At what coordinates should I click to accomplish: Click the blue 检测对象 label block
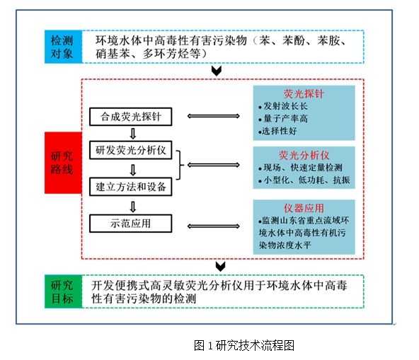pos(63,47)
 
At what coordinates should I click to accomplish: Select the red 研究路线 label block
pos(63,163)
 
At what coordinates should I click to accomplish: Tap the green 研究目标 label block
pos(63,291)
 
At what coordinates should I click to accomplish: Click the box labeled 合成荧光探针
pos(131,117)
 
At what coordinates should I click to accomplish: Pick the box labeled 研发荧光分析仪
pos(131,150)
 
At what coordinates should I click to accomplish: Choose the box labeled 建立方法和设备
pos(131,187)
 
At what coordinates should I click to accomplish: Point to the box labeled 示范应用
pos(131,223)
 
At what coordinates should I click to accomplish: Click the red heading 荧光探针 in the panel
pos(304,94)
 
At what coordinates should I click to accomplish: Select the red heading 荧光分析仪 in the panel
pos(304,155)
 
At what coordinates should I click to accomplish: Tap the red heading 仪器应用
pos(304,208)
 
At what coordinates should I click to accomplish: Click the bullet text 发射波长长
pos(283,106)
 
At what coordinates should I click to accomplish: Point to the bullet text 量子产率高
pos(283,118)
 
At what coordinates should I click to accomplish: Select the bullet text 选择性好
pos(277,131)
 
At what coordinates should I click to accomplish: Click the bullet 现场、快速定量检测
pos(300,168)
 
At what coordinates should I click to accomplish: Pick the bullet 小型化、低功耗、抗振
pos(304,180)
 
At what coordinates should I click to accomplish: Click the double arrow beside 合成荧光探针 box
pos(214,116)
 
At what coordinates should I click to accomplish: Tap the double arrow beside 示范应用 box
pos(214,226)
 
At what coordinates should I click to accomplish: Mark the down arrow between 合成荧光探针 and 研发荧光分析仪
pos(133,134)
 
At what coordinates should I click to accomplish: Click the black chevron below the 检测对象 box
pos(217,71)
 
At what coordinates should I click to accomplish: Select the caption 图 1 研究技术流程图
pos(244,345)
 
